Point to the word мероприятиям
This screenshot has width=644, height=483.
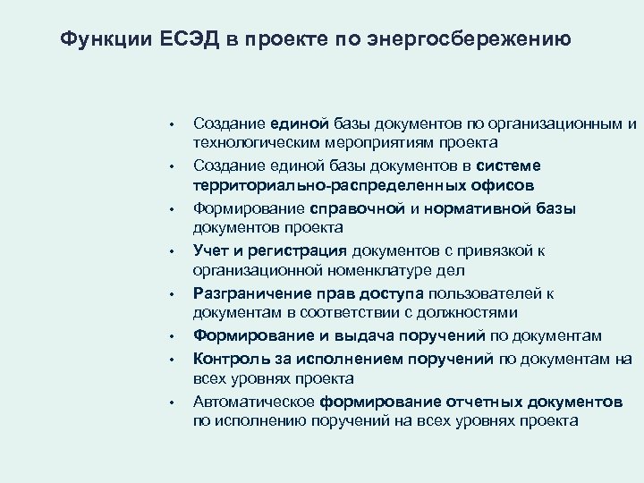352,143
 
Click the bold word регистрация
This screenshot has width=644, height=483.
304,250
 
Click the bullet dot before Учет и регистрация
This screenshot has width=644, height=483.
180,251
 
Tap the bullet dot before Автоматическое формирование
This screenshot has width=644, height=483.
180,401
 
